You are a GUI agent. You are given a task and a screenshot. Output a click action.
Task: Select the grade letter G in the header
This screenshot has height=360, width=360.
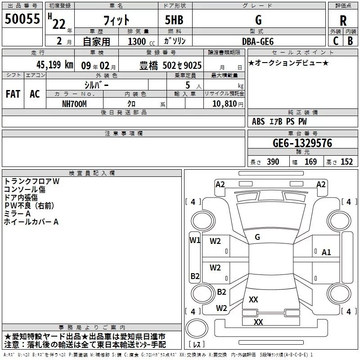point(258,20)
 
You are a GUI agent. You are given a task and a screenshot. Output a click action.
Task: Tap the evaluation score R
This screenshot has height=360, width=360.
point(343,21)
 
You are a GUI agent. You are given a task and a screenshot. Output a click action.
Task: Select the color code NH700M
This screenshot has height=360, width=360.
point(74,103)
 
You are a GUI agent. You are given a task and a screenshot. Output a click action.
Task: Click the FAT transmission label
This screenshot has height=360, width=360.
point(13,94)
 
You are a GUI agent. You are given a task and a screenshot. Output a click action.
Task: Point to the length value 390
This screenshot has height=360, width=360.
point(273,162)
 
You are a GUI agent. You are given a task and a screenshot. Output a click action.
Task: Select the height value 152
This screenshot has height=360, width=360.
point(346,162)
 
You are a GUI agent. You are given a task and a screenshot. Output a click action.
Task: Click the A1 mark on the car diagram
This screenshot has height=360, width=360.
point(326,252)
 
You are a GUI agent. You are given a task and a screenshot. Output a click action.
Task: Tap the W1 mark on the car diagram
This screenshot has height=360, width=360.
point(194,240)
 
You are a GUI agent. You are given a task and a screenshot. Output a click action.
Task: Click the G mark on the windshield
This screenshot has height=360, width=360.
point(257,237)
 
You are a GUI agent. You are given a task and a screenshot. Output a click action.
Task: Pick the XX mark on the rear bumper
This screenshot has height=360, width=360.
point(258,322)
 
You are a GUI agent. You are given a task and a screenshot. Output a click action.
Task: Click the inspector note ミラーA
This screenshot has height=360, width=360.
point(17,214)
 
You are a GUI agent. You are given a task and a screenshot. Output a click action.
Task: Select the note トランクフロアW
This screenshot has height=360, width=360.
point(31,181)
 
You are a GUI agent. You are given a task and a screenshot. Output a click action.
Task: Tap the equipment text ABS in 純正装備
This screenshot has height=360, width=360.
point(258,121)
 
